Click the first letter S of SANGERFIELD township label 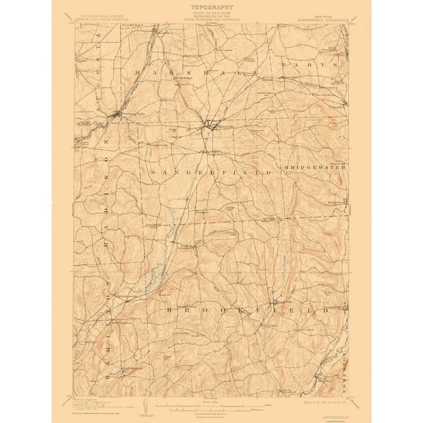point(152,172)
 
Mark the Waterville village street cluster point(209,123)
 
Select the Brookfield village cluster point(275,303)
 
